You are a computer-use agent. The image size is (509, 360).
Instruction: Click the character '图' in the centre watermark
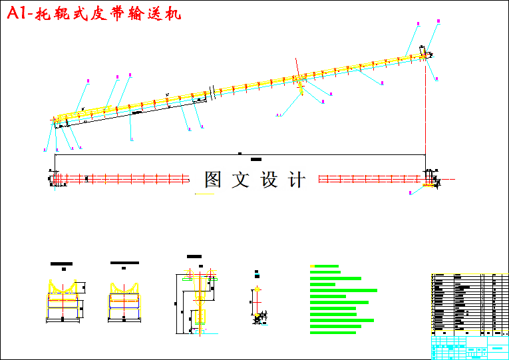[213, 179]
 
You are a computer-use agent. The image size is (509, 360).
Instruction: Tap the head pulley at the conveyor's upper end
[424, 56]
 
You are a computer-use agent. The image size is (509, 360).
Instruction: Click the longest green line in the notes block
[344, 290]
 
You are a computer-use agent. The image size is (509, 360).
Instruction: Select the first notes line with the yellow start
[325, 266]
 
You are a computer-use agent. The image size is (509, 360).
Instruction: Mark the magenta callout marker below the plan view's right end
[411, 192]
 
